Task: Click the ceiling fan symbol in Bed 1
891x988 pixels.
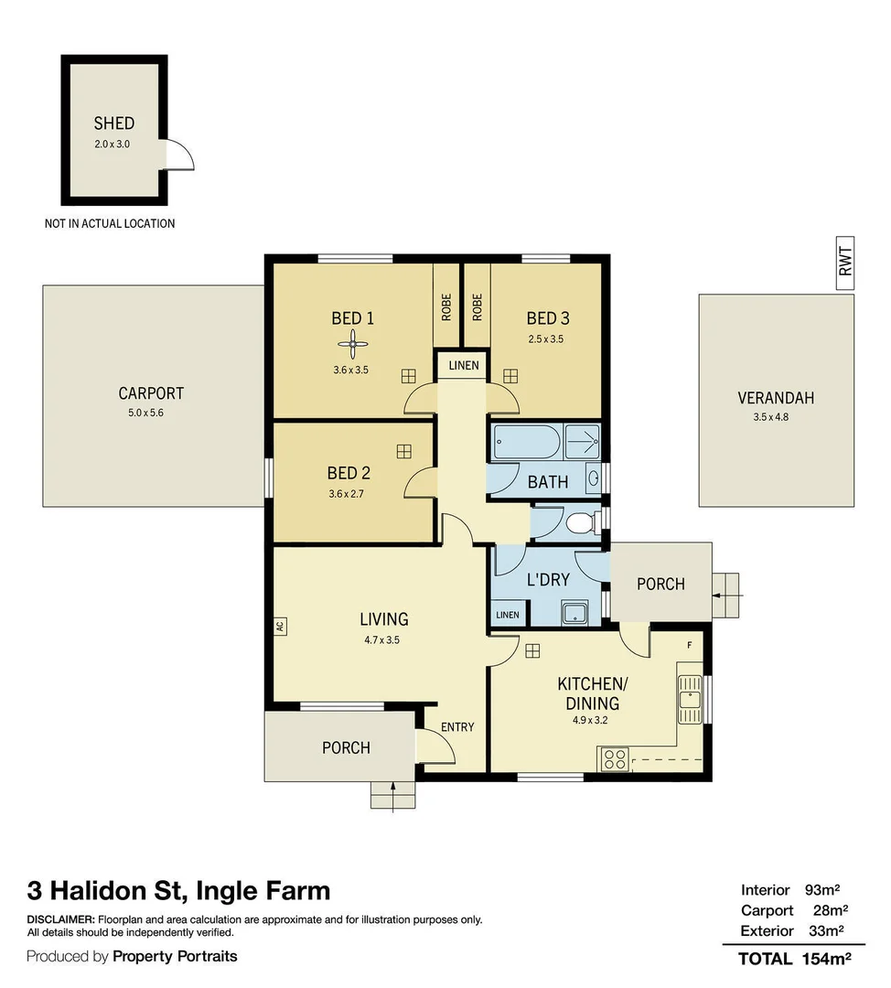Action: (x=353, y=344)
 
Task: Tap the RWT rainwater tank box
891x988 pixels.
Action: (x=845, y=263)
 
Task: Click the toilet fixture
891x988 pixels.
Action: (x=581, y=523)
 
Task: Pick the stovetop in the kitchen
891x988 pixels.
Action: (x=615, y=758)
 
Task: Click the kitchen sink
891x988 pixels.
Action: (x=690, y=700)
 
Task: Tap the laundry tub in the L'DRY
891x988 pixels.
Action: (x=574, y=613)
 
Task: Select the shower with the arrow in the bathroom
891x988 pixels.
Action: (x=582, y=441)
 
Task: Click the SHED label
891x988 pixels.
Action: (x=114, y=123)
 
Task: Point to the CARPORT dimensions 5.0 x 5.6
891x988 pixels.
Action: (x=145, y=413)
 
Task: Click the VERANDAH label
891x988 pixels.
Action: (x=776, y=398)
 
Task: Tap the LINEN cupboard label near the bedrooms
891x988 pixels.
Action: (x=464, y=365)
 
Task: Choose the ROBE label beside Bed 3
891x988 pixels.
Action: (x=477, y=306)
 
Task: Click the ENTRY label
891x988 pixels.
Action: (x=457, y=727)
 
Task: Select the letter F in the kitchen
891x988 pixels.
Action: (x=690, y=645)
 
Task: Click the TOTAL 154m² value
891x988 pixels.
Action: (x=827, y=959)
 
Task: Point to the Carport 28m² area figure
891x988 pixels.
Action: (x=831, y=910)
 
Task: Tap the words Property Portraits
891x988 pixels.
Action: (x=175, y=957)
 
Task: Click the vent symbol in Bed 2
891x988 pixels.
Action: (x=404, y=451)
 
